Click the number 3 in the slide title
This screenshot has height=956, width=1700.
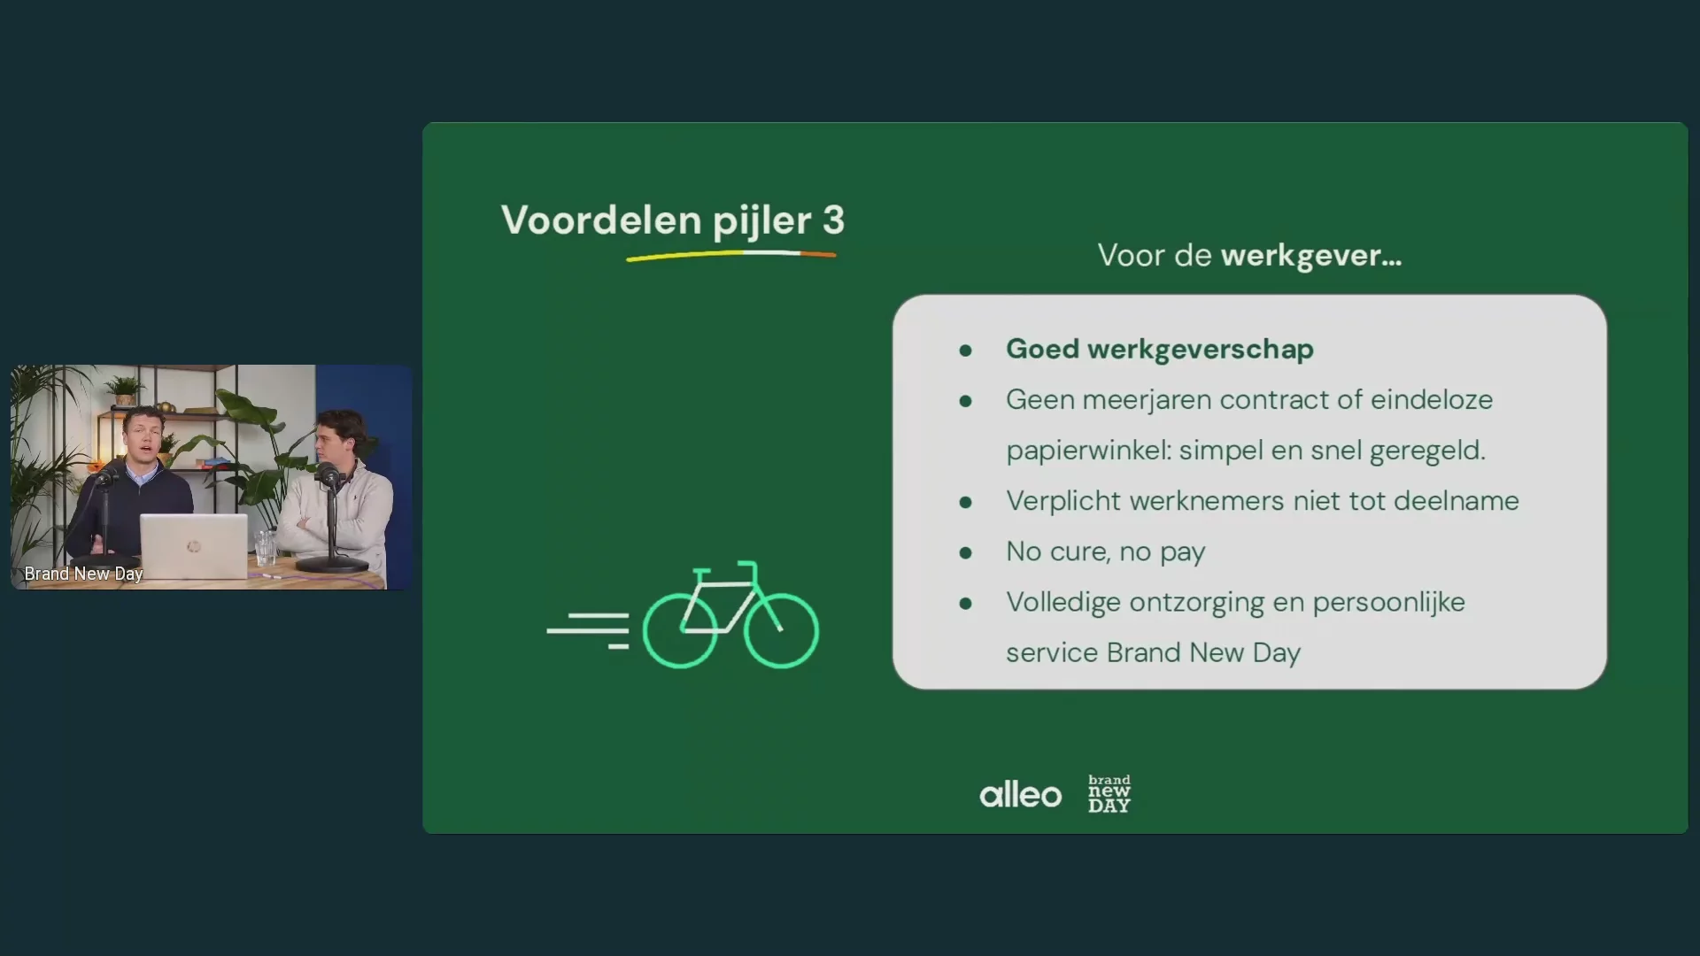pos(833,220)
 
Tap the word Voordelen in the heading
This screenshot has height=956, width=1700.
pos(601,220)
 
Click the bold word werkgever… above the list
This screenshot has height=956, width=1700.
pos(1310,256)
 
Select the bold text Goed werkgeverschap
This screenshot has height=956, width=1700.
pos(1160,349)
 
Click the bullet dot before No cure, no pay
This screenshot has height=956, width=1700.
pos(965,553)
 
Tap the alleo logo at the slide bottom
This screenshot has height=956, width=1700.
pos(1020,794)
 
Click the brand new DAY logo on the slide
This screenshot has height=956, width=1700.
pos(1109,794)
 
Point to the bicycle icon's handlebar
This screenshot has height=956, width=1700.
pos(748,564)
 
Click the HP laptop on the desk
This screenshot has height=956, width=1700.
pos(193,546)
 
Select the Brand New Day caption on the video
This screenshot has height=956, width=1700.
pos(83,574)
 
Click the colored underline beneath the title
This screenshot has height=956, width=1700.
pos(731,255)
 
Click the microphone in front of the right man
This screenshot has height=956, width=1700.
pos(328,475)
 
